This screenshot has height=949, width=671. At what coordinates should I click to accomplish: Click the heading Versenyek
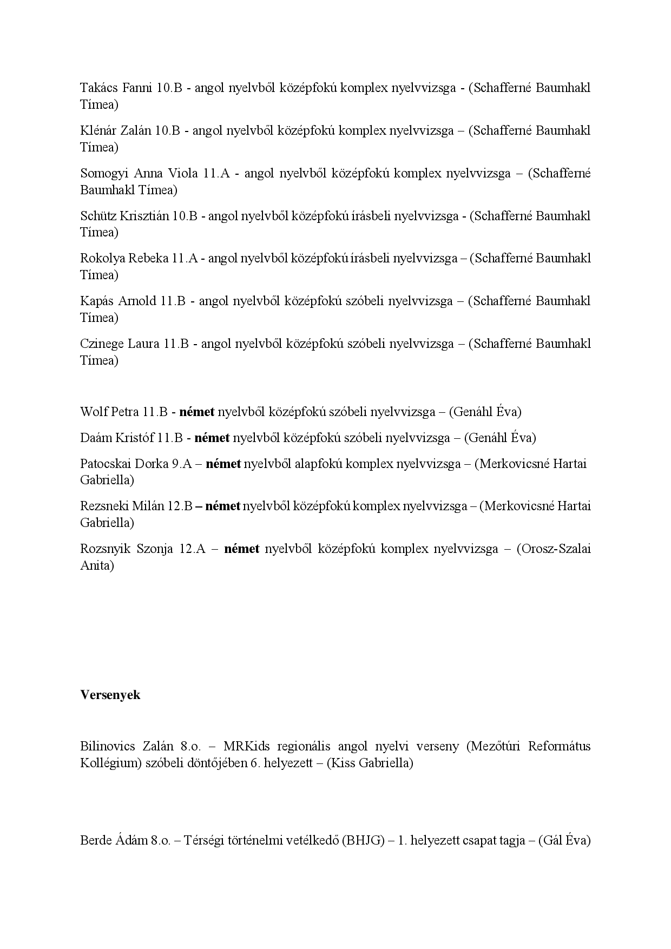pos(110,695)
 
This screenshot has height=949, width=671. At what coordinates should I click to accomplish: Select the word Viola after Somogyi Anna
pos(182,173)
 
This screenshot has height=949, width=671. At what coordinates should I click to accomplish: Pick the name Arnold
pos(137,301)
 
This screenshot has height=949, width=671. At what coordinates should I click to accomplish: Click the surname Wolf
pos(93,412)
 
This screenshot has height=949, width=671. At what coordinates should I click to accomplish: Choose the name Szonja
pos(154,549)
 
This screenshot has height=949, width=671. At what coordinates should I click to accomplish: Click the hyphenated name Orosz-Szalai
pos(554,549)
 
